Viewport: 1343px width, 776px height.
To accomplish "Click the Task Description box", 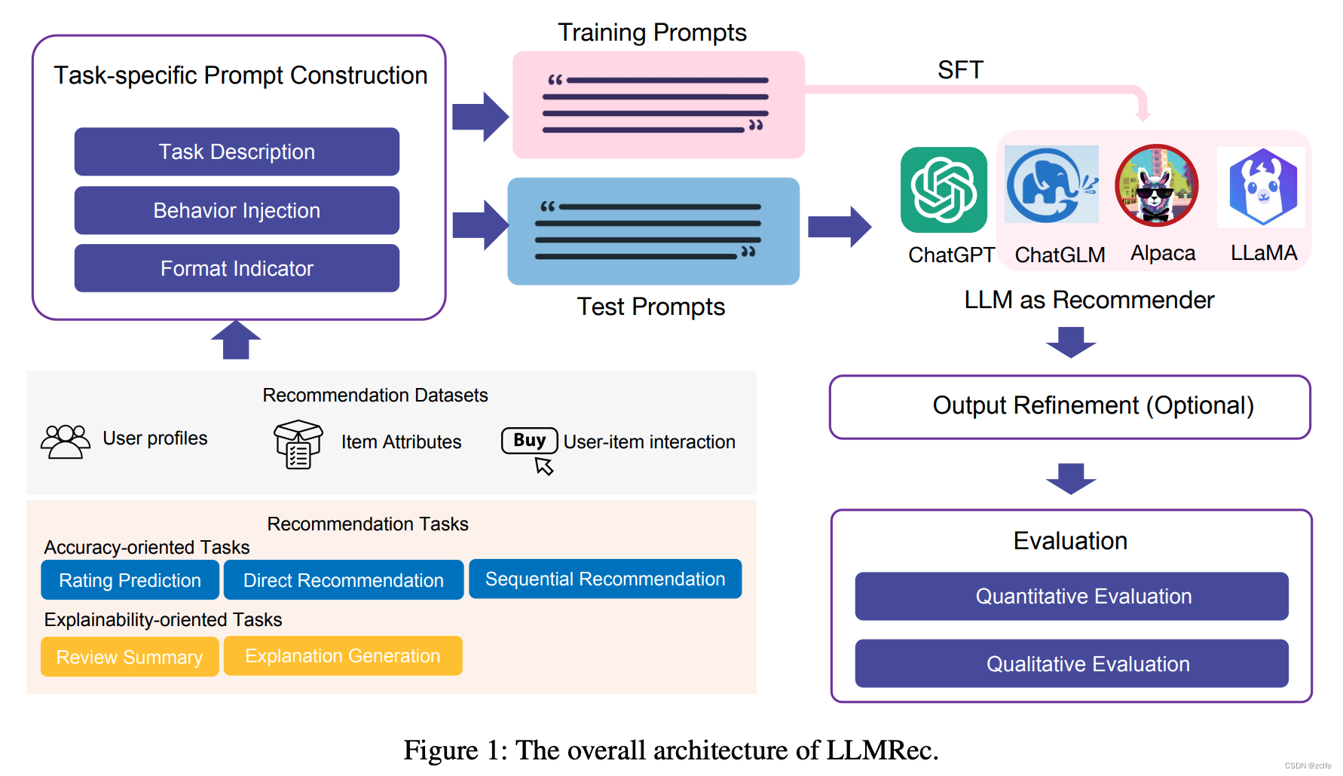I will [x=237, y=151].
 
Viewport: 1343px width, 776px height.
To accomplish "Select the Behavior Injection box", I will [x=237, y=210].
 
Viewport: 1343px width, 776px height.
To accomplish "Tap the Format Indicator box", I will [x=237, y=268].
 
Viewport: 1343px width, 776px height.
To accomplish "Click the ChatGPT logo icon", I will [x=944, y=190].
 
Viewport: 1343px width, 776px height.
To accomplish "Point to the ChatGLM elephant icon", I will [x=1051, y=185].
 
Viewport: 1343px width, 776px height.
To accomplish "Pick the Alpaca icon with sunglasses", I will [x=1156, y=185].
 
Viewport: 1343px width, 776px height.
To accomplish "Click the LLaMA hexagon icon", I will [x=1262, y=188].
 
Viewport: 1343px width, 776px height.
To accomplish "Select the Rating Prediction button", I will [x=130, y=580].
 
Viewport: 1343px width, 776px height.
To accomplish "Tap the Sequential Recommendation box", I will [x=604, y=579].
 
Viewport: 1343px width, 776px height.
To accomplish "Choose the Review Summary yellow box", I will [x=130, y=657].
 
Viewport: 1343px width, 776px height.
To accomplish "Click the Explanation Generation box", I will [x=342, y=655].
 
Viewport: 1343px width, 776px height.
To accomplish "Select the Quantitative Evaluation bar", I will [x=1071, y=596].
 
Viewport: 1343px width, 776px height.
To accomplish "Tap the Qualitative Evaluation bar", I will [x=1071, y=664].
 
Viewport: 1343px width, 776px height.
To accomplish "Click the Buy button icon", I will [x=530, y=441].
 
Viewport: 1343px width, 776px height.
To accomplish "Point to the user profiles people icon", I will [x=65, y=441].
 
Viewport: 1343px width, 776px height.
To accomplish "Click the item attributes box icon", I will [x=298, y=445].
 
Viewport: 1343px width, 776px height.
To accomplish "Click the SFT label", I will [x=959, y=70].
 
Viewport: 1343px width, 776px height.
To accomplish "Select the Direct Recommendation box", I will [x=343, y=580].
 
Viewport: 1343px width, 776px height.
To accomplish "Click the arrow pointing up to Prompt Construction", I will [x=236, y=340].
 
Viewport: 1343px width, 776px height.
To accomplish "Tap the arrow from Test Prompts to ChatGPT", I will [x=840, y=226].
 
